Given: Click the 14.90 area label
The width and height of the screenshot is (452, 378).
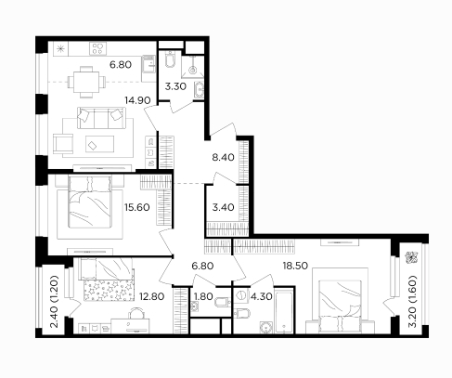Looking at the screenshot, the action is [137, 100].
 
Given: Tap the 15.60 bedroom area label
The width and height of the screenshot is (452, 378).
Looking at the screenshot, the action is [137, 207].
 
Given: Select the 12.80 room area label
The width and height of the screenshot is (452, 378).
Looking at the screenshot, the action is [151, 296].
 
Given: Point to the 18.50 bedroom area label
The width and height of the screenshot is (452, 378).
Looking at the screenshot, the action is [295, 266].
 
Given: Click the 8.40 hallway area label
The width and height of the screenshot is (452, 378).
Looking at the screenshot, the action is [223, 158].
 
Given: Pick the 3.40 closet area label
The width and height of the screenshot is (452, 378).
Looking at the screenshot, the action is [223, 207].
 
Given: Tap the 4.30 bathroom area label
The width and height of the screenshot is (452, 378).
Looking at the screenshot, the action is [262, 296].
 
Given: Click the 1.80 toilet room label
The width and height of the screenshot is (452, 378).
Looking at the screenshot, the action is [203, 296].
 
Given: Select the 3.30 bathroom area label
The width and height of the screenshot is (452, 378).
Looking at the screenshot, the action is [175, 86].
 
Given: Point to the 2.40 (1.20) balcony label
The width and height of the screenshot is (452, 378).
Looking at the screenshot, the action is [55, 301].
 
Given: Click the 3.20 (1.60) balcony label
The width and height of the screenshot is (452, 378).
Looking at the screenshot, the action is [412, 301].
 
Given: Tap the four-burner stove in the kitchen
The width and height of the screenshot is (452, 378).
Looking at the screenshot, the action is [97, 48].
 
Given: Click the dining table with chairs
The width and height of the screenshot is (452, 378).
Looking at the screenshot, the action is [86, 82].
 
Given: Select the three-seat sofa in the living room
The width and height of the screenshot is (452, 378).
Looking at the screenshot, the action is [102, 118].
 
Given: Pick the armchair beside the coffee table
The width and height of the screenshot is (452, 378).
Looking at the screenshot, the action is [63, 144].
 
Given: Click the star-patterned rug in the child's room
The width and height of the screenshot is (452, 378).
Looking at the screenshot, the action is [109, 290].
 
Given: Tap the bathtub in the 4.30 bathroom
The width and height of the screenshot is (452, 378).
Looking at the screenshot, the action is [284, 310].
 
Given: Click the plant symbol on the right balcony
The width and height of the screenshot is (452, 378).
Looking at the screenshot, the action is [412, 257].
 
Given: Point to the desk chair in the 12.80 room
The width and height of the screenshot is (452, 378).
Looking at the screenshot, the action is [136, 313].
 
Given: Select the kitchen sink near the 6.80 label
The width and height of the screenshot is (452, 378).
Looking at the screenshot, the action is [149, 64].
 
